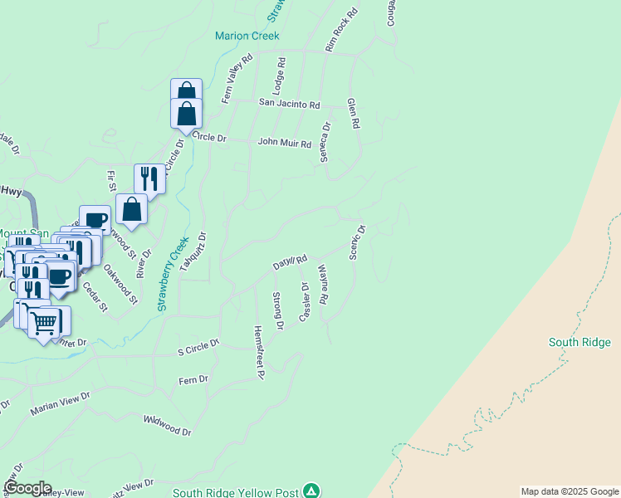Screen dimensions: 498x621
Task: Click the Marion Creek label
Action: [x=247, y=36]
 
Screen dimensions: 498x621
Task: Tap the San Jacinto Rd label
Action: [x=289, y=105]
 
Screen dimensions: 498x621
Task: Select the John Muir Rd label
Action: [x=284, y=142]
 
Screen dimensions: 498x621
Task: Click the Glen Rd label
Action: [x=354, y=112]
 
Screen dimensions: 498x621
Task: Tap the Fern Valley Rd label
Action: [x=237, y=79]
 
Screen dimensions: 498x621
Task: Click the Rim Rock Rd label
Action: [x=341, y=32]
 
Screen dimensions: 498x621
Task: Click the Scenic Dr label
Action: [x=357, y=242]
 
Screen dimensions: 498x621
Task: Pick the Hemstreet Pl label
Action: [x=258, y=352]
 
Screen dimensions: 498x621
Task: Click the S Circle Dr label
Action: [x=198, y=342]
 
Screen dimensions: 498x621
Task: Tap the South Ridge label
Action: [x=579, y=342]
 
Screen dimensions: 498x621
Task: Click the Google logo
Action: [x=27, y=488]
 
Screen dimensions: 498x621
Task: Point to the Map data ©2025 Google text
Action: [x=569, y=491]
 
